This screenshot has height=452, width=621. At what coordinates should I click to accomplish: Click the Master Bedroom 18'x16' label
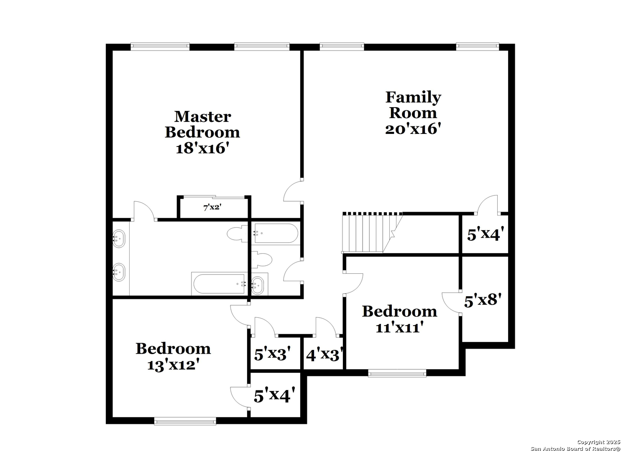pos(202,132)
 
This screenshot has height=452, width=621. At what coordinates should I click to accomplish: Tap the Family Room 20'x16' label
pos(413,113)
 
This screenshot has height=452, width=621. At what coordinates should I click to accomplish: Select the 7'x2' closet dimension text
pos(212,207)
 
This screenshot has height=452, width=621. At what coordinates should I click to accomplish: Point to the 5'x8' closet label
pos(483,300)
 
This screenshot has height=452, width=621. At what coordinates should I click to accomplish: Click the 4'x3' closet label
pos(325,354)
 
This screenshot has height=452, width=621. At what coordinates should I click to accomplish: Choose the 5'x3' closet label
pos(273,353)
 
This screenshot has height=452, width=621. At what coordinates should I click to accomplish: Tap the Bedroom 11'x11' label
pos(399,319)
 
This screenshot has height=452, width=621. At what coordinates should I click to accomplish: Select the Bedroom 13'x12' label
pos(173,357)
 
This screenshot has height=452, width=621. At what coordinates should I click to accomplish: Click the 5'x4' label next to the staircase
pos(483,234)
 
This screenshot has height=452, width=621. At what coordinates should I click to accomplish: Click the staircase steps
pos(371,233)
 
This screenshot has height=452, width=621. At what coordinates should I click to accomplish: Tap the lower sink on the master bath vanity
pos(119,272)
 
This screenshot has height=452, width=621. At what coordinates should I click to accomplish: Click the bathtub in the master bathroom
pos(219,284)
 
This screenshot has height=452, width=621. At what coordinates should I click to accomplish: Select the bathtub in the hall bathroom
pos(276,234)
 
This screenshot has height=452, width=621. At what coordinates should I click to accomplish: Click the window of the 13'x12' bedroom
pos(185,422)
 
